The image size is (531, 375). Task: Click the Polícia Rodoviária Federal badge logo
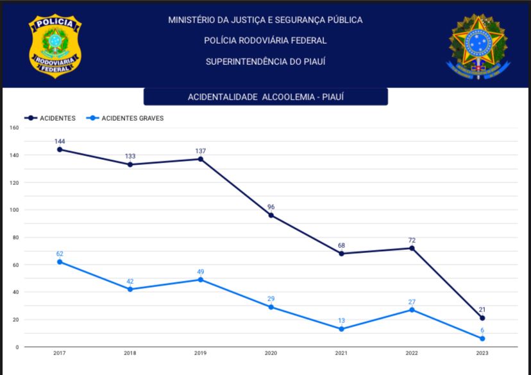(x=55, y=46)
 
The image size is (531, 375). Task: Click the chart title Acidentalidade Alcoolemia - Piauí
(x=265, y=97)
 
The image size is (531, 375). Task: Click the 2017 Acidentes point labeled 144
(x=60, y=150)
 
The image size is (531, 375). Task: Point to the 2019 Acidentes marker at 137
(x=200, y=159)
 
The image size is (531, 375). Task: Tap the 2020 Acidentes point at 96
(x=271, y=215)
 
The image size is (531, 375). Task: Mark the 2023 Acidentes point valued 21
(x=482, y=318)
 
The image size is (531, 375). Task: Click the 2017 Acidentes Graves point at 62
(x=60, y=262)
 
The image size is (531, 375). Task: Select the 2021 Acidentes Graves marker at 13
(x=341, y=329)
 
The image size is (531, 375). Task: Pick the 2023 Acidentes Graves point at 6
(x=482, y=338)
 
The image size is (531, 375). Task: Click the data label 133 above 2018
(x=130, y=156)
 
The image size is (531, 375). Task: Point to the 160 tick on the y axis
(x=14, y=128)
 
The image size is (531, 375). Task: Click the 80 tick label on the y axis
(x=15, y=238)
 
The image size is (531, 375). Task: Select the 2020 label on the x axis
(x=271, y=353)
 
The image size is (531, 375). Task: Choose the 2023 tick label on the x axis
(x=482, y=353)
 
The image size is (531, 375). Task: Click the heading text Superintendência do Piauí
(x=265, y=62)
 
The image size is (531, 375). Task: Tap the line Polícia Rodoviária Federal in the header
(x=265, y=40)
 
